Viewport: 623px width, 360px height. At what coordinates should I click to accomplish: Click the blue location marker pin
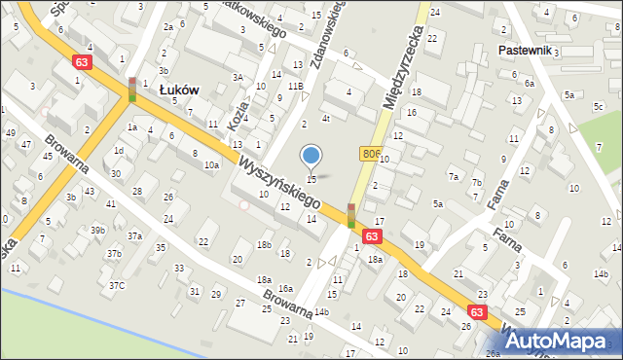pos(311,156)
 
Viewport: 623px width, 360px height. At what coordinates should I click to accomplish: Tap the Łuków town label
pos(179,89)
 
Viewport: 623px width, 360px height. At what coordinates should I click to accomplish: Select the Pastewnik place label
pos(525,50)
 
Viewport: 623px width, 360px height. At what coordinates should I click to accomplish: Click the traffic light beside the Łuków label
pos(132,90)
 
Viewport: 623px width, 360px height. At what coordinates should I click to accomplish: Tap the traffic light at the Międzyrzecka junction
pos(351,215)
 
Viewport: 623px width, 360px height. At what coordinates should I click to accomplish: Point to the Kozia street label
pos(234,114)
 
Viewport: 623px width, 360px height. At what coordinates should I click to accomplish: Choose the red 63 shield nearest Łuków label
pos(83,61)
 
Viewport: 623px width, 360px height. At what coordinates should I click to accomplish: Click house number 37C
pos(117,285)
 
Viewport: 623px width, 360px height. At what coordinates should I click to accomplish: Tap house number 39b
pos(97,230)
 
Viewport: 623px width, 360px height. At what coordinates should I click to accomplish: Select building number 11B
pos(295,87)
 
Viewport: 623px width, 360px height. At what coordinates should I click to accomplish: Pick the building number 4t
pos(327,119)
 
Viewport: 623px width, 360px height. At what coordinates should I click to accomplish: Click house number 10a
pos(211,165)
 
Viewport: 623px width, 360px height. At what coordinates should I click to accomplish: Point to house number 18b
pos(264,244)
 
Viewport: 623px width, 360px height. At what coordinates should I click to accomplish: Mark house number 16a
pos(285,288)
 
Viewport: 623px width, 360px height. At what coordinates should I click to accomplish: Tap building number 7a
pos(454,176)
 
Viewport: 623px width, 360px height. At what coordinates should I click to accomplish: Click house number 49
pos(11,132)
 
